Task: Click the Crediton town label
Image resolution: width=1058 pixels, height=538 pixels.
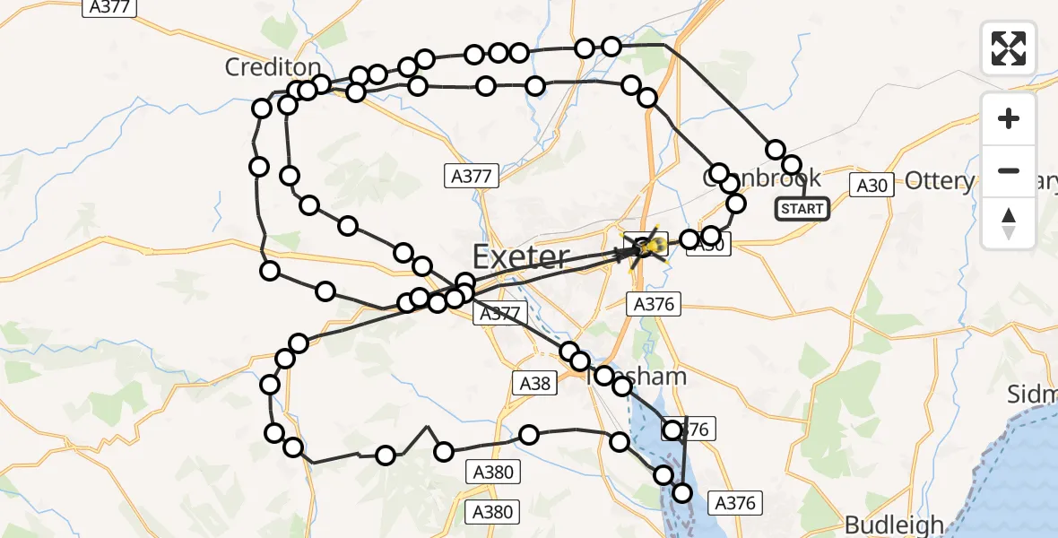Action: click(273, 67)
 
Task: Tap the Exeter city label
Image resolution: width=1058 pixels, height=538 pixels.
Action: click(520, 258)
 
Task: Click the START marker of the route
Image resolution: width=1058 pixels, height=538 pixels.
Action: click(802, 209)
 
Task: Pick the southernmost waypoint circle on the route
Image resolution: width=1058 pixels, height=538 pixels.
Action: click(682, 492)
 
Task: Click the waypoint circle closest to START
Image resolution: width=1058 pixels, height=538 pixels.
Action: click(792, 165)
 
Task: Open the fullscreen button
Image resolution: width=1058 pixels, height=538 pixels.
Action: click(1009, 48)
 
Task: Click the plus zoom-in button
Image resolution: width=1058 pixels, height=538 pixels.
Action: click(1009, 118)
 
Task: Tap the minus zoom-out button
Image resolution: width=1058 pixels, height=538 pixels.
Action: click(1009, 170)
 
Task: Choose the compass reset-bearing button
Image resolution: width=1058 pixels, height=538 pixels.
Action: click(1009, 223)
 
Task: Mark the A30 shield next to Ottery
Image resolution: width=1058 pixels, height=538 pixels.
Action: click(870, 186)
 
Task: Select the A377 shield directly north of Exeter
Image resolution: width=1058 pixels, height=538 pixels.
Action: click(471, 177)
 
